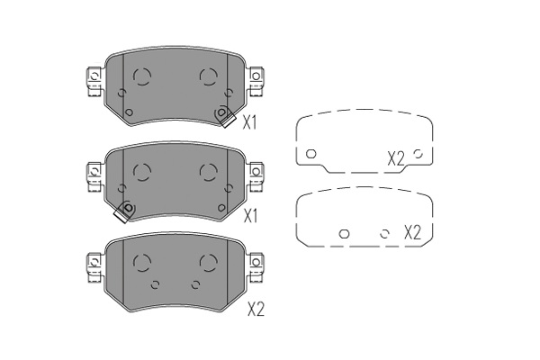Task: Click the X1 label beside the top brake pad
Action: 249,122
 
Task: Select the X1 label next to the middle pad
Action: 251,216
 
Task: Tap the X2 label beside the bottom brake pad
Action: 256,310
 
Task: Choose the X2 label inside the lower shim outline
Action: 412,232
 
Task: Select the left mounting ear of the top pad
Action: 94,82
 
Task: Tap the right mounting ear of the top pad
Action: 256,82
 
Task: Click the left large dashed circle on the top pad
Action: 141,76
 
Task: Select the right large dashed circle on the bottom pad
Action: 208,262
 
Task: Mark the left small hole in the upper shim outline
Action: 311,154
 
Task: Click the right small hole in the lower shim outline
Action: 384,234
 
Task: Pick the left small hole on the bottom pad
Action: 155,284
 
